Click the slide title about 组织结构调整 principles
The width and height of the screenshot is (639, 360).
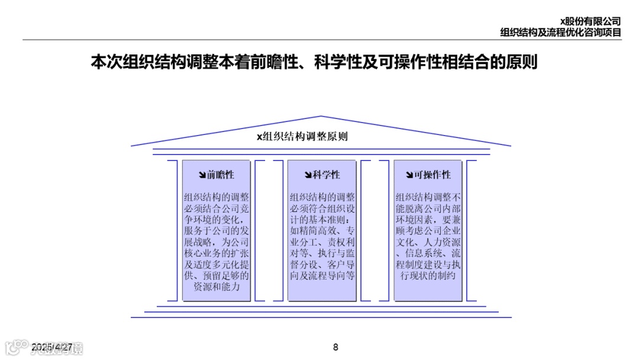coord(314,63)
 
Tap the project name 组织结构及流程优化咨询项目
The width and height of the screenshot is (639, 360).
coord(560,33)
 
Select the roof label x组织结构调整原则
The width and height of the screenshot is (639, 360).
coord(302,136)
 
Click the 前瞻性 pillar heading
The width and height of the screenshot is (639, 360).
coord(221,175)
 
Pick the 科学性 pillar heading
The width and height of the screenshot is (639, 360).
coord(327,175)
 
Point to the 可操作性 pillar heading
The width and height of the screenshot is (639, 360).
coord(433,175)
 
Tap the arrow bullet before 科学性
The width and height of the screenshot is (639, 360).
coord(308,175)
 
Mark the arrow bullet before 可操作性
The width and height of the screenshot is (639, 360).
coord(409,175)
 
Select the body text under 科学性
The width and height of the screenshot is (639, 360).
coord(322,236)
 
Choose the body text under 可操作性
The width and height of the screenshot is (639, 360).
coord(428,236)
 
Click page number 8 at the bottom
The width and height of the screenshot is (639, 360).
coord(335,348)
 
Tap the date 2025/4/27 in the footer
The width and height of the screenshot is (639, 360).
coord(52,347)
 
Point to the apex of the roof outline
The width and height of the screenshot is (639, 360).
coord(321,117)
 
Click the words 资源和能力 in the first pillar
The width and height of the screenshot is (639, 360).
coord(217,287)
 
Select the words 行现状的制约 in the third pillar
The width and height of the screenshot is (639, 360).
coord(428,275)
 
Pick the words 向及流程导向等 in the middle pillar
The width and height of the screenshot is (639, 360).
coord(322,275)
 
